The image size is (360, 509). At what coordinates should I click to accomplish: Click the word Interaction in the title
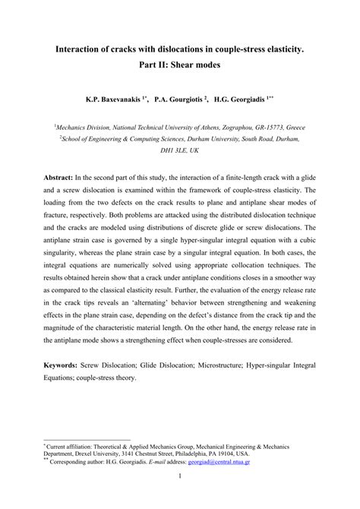coord(87,48)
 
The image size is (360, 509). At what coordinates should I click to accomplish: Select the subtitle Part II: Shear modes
coord(179,66)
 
